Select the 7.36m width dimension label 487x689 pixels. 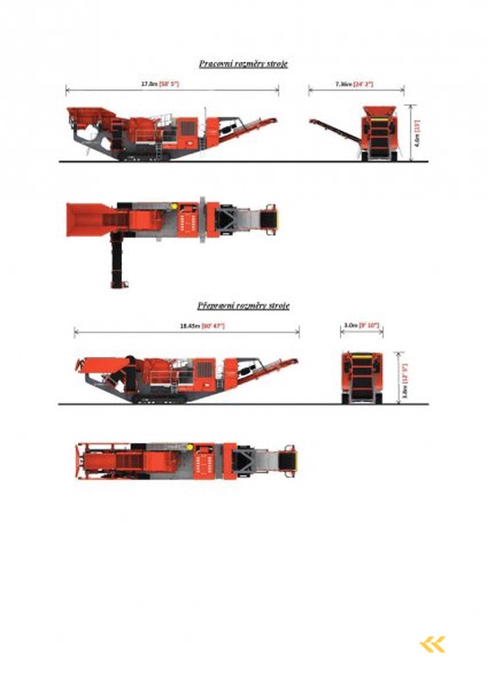point(355,83)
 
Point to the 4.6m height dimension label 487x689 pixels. point(417,133)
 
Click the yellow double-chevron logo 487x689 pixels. point(431,643)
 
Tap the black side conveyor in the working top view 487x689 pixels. point(117,261)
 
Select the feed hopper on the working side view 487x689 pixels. point(91,115)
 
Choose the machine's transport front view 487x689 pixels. point(362,378)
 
